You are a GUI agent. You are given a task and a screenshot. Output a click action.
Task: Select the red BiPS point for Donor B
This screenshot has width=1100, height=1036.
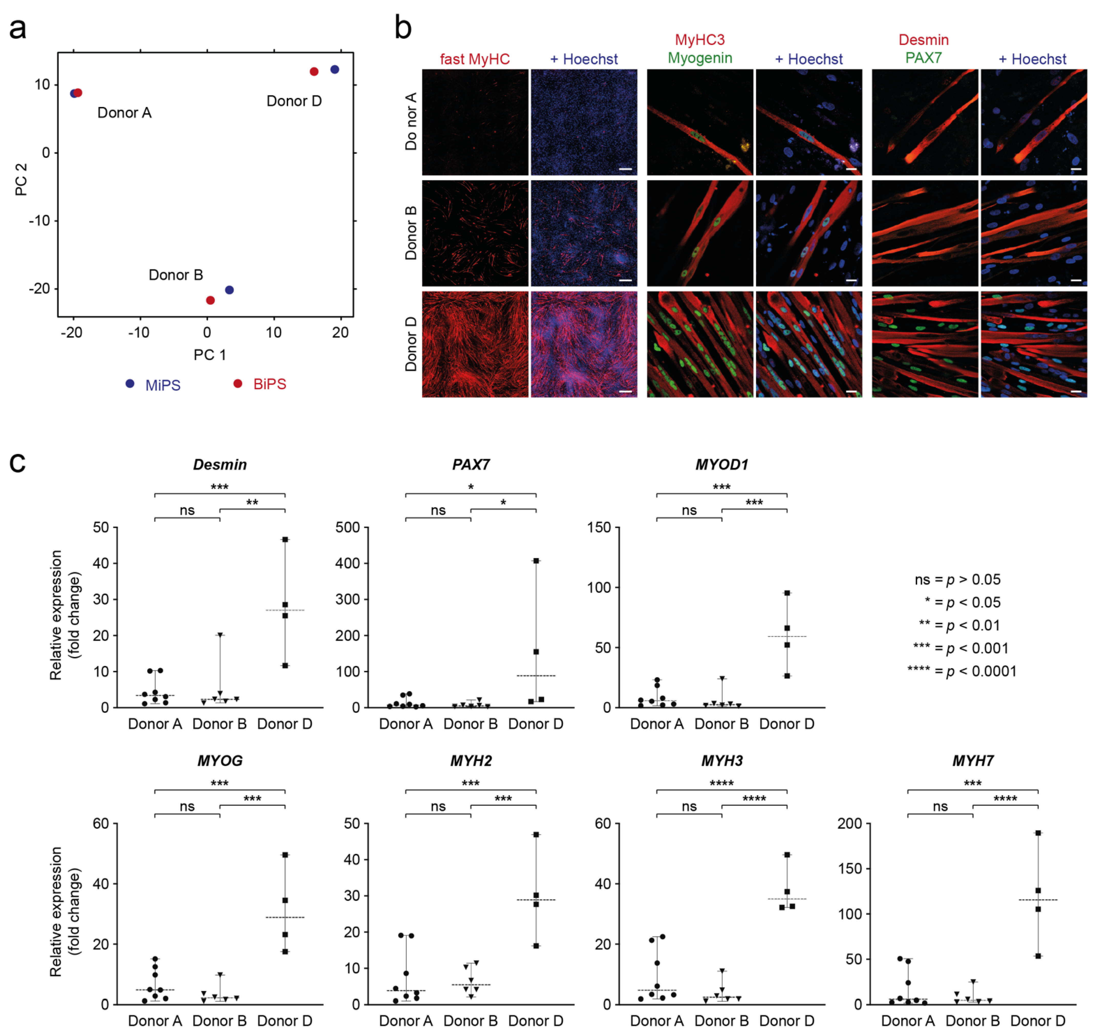pyautogui.click(x=210, y=301)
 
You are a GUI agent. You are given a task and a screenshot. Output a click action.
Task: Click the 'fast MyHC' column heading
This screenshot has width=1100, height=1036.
pyautogui.click(x=475, y=59)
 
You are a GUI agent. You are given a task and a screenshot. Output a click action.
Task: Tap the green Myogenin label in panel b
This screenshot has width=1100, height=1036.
pyautogui.click(x=700, y=58)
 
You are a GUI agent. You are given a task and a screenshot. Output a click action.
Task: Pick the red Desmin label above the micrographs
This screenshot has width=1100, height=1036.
pyautogui.click(x=923, y=40)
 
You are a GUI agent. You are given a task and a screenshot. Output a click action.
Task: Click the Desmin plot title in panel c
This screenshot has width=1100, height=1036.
pyautogui.click(x=220, y=465)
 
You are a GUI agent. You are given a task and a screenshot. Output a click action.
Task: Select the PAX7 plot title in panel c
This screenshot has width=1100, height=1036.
pyautogui.click(x=471, y=465)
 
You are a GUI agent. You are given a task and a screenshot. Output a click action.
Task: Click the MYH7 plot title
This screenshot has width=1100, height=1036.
pyautogui.click(x=973, y=761)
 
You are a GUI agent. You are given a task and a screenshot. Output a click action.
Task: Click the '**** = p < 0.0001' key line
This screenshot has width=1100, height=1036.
pyautogui.click(x=962, y=671)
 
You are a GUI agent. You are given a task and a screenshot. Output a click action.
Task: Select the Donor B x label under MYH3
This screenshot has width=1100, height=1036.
pyautogui.click(x=722, y=1021)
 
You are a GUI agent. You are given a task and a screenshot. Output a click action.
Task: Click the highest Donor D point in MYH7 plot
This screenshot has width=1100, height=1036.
pyautogui.click(x=1038, y=833)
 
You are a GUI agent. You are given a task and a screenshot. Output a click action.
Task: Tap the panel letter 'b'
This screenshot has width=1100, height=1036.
pyautogui.click(x=403, y=28)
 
